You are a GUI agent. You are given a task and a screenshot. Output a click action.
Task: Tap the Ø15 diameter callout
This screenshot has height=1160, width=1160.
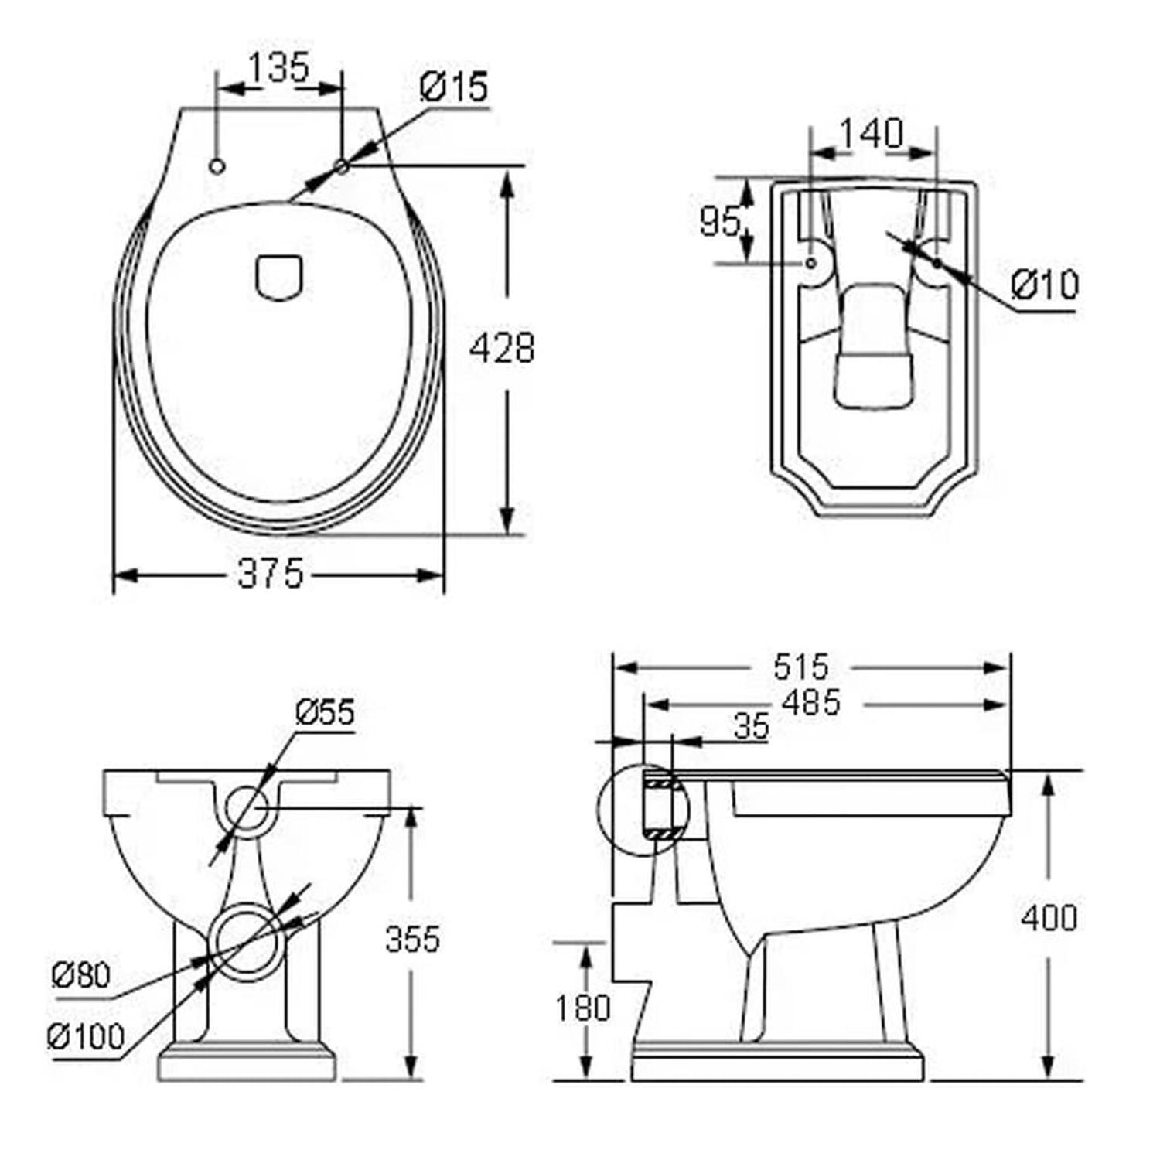point(454,87)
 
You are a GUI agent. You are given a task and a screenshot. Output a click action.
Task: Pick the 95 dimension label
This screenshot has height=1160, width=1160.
point(720,222)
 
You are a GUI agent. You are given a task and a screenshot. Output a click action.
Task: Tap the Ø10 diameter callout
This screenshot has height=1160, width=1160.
point(1045,285)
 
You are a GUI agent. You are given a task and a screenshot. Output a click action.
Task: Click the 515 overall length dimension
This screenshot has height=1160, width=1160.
point(801,667)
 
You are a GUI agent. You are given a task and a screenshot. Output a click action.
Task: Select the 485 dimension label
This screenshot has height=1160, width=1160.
point(810,703)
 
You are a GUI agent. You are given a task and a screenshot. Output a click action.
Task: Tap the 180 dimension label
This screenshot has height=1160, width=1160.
point(582,1008)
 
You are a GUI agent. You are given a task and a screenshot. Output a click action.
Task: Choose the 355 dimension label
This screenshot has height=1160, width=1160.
point(412,938)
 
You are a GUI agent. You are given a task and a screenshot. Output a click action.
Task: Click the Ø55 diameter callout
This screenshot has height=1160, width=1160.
point(325,712)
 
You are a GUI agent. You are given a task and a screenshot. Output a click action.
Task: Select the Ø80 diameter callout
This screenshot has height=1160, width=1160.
point(80,975)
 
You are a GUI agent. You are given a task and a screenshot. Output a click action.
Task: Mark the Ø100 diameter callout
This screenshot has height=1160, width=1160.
point(85,1036)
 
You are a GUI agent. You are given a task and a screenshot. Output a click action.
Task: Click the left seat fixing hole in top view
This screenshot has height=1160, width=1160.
point(217,165)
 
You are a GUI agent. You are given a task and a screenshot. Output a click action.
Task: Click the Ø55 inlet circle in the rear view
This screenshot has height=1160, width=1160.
point(246,807)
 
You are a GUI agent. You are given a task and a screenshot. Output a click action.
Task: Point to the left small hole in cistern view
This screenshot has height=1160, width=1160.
point(810,263)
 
